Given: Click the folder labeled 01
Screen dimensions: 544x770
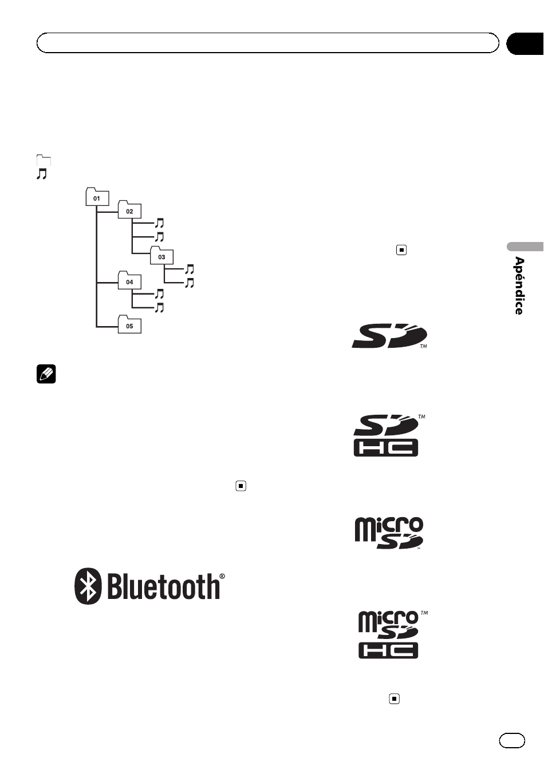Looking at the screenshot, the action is pyautogui.click(x=97, y=197).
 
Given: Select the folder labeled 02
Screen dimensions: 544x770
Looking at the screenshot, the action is pyautogui.click(x=130, y=209).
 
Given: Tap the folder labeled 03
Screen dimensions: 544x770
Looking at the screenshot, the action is pyautogui.click(x=161, y=255).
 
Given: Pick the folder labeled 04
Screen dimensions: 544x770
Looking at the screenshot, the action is pyautogui.click(x=130, y=280).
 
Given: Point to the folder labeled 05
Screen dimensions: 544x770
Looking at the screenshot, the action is pyautogui.click(x=130, y=324).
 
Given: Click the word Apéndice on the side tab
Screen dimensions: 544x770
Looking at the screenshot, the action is pyautogui.click(x=519, y=285).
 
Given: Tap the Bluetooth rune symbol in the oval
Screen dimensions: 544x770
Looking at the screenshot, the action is pyautogui.click(x=88, y=586).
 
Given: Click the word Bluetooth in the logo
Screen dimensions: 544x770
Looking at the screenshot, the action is pyautogui.click(x=163, y=586).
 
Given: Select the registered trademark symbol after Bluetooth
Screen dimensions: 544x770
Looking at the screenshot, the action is pyautogui.click(x=222, y=576).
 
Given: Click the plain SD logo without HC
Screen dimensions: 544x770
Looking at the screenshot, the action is pyautogui.click(x=389, y=336).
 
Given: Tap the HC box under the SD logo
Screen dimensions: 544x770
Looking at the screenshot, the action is pyautogui.click(x=386, y=447).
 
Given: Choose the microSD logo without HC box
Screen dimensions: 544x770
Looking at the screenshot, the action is pyautogui.click(x=389, y=533).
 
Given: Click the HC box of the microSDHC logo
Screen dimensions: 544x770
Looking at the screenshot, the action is pyautogui.click(x=388, y=650).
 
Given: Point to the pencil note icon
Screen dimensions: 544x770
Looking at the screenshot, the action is pyautogui.click(x=46, y=374).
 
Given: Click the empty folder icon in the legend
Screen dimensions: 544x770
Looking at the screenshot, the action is pyautogui.click(x=44, y=160).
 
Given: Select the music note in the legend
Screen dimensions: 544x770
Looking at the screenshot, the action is pyautogui.click(x=42, y=174).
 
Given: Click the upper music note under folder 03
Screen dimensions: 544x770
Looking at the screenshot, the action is pyautogui.click(x=190, y=269).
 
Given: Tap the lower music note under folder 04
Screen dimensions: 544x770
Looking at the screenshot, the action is pyautogui.click(x=159, y=307).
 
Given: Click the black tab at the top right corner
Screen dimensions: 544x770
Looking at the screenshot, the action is pyautogui.click(x=525, y=43).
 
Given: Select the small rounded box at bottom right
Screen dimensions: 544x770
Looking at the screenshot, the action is pyautogui.click(x=512, y=741).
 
